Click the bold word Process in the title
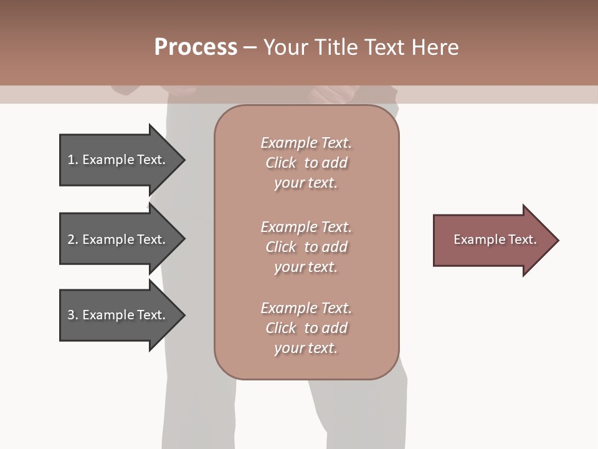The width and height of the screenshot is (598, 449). click(x=196, y=47)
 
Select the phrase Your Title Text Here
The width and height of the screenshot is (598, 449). click(x=361, y=47)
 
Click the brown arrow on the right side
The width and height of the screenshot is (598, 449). click(x=492, y=240)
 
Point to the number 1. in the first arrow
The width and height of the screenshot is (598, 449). click(x=73, y=160)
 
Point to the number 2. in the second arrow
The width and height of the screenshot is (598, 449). click(x=73, y=239)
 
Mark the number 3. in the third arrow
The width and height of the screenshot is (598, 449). click(x=73, y=315)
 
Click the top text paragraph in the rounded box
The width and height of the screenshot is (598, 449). click(x=306, y=163)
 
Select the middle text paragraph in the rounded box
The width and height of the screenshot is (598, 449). click(x=306, y=247)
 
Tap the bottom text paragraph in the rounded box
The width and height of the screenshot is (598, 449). click(x=306, y=328)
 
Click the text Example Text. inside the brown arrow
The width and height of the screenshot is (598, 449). click(x=495, y=239)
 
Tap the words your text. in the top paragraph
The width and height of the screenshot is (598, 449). click(x=306, y=183)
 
